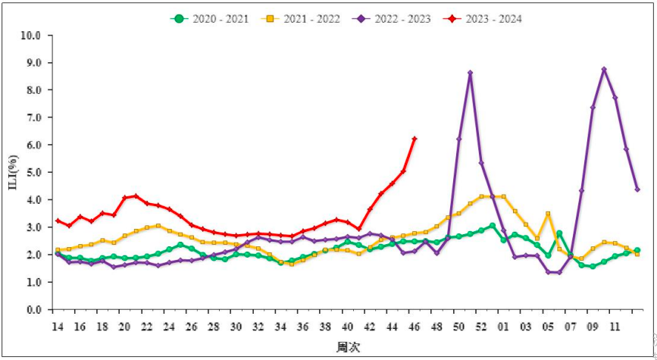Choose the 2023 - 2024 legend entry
tap(493, 18)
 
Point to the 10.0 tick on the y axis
tap(31, 35)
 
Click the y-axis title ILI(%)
tap(13, 172)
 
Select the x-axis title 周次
tap(347, 347)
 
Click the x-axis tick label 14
tap(57, 326)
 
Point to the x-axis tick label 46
tap(414, 326)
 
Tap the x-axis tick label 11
tap(615, 326)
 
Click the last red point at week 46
tap(414, 139)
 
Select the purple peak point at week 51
tap(470, 73)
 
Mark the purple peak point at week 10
tap(604, 69)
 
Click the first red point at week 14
tap(57, 221)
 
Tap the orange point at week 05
tap(548, 214)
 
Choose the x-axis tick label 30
tap(236, 326)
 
